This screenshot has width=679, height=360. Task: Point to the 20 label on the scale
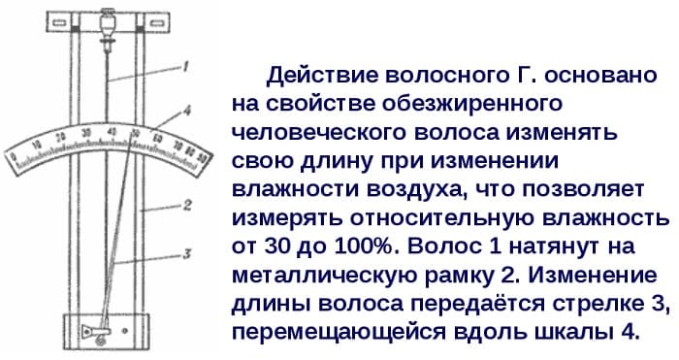point(60,137)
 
